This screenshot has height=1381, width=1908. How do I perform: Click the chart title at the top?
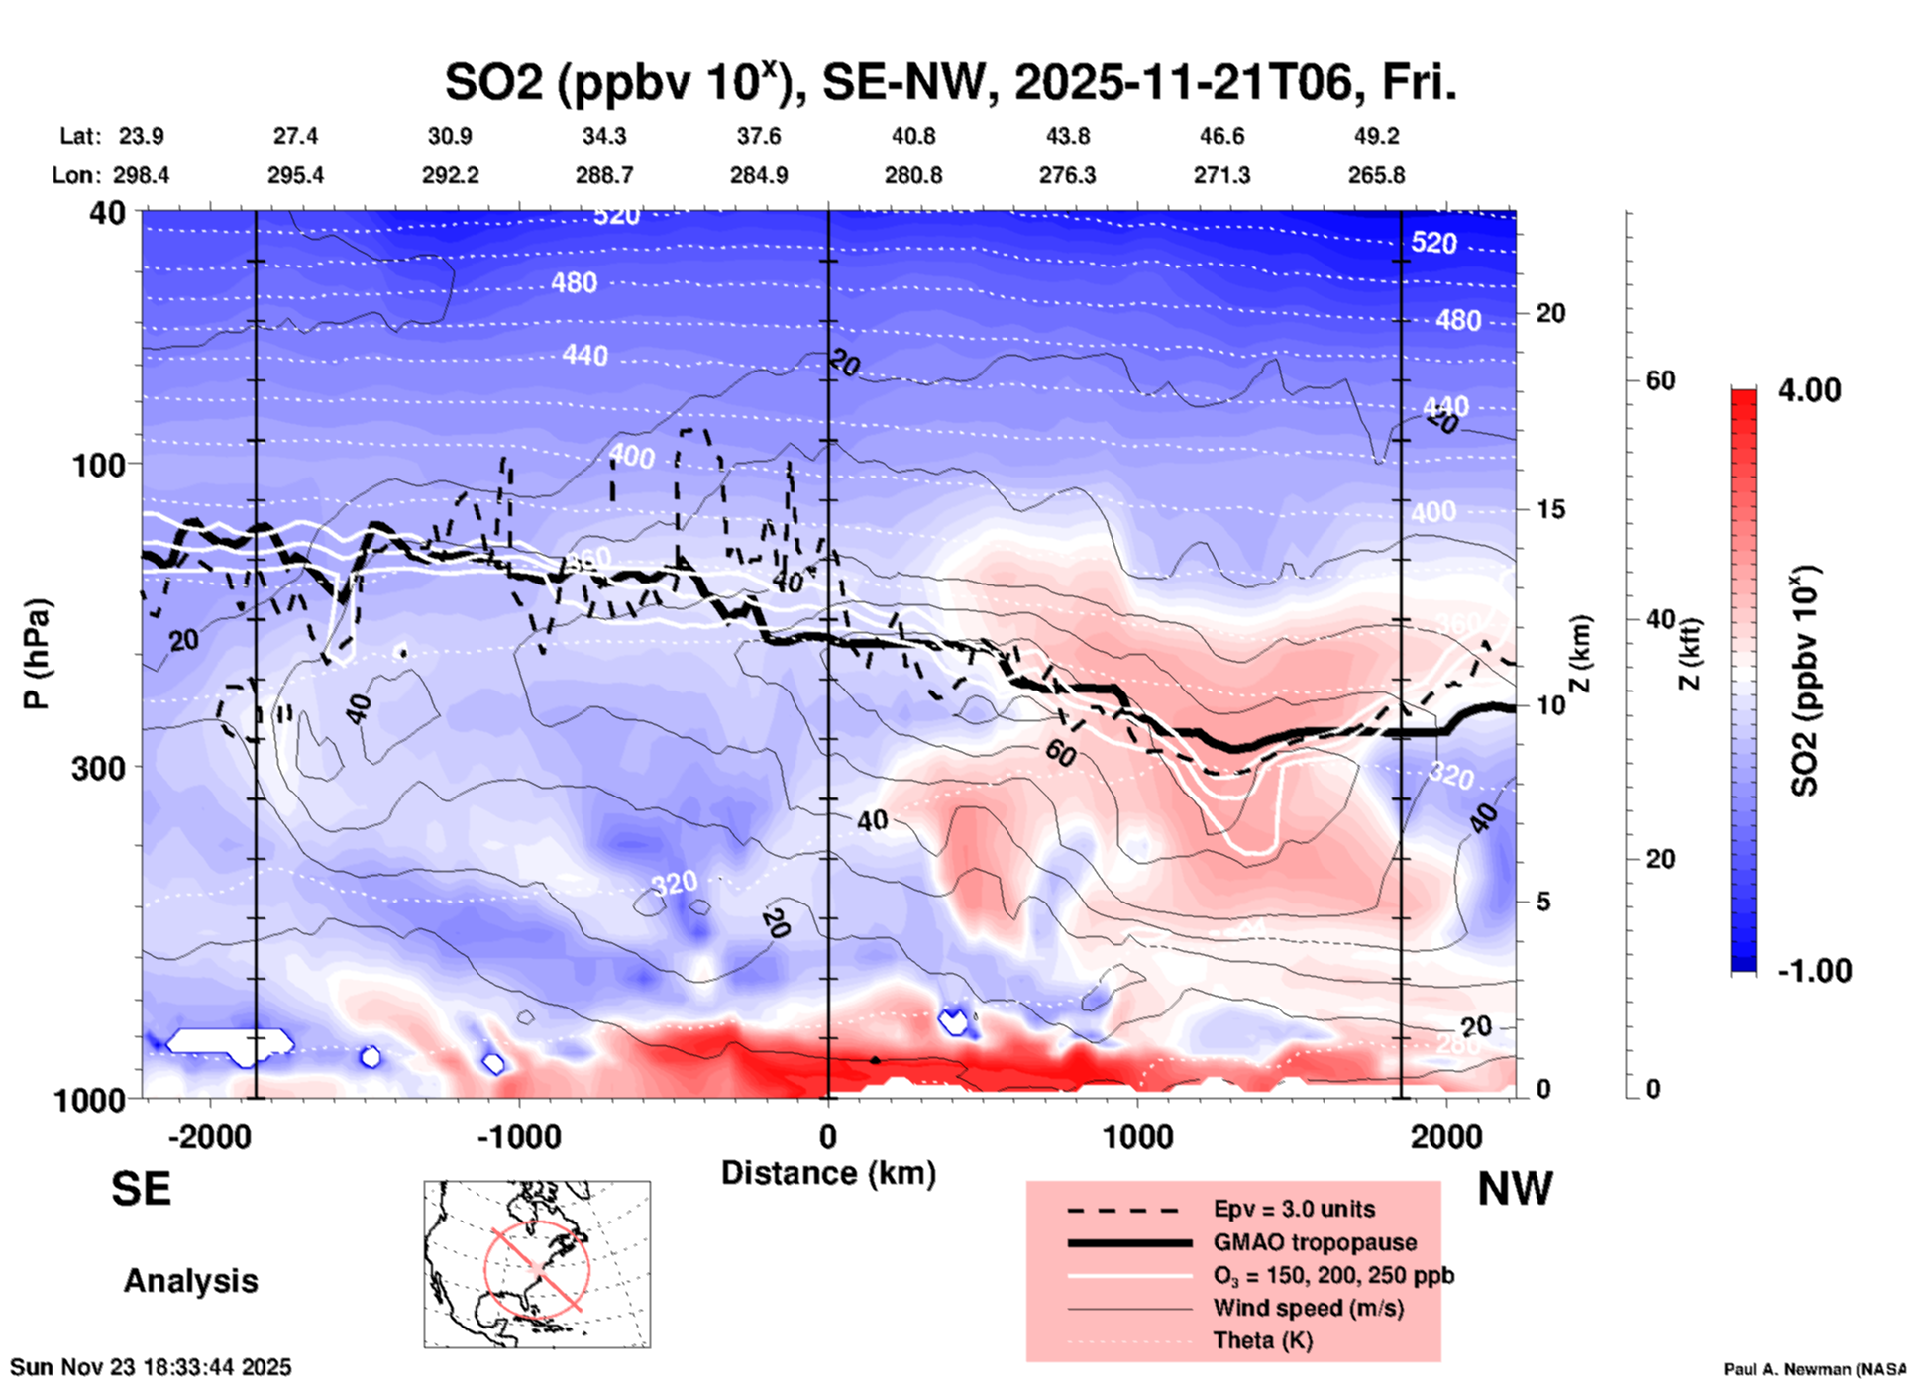(x=950, y=83)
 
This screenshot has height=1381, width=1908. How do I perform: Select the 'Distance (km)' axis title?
(x=828, y=1173)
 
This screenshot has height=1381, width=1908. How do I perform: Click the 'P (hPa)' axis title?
(x=37, y=654)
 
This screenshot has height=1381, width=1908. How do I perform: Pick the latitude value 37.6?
(x=759, y=136)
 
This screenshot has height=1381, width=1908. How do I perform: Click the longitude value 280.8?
(x=913, y=175)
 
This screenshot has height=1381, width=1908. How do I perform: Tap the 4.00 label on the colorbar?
(x=1809, y=390)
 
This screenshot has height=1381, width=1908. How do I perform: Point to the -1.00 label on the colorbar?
(x=1814, y=971)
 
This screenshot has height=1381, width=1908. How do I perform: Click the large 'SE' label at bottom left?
(x=141, y=1189)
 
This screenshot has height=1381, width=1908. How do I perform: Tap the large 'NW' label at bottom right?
(x=1515, y=1189)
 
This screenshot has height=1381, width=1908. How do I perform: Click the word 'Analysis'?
(x=190, y=1281)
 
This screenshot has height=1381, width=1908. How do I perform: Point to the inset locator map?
(x=537, y=1264)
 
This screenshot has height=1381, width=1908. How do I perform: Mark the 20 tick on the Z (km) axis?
(x=1550, y=314)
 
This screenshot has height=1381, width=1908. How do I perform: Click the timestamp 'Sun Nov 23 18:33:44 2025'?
(x=151, y=1367)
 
